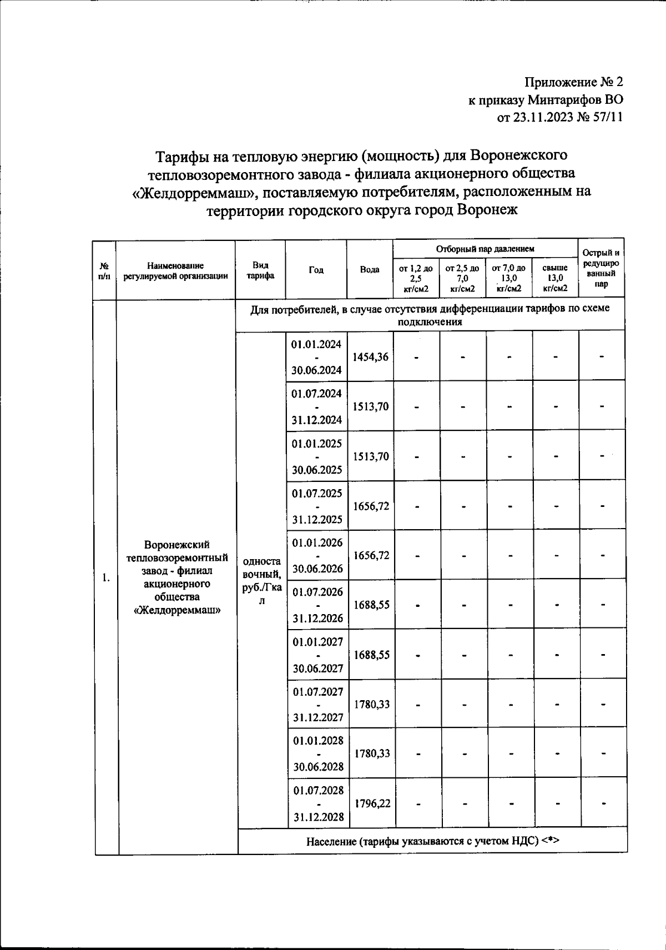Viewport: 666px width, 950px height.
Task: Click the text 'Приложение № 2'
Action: tap(574, 83)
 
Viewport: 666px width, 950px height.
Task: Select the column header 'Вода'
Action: tap(370, 270)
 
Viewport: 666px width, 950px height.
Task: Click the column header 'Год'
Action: tap(316, 270)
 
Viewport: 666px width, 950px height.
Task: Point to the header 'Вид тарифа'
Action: tap(260, 270)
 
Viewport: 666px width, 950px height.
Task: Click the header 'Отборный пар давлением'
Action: tap(485, 249)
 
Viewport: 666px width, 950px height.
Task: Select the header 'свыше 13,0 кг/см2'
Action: tap(555, 278)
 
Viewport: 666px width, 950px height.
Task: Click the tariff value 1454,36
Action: tap(371, 357)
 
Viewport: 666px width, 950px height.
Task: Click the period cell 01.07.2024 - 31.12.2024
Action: tap(317, 406)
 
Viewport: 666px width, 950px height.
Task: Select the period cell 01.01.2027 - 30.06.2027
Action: tap(317, 655)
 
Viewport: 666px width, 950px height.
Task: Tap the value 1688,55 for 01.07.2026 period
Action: tap(371, 605)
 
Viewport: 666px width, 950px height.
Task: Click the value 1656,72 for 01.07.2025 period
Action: tap(371, 506)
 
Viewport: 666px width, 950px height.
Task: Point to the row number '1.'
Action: tap(106, 578)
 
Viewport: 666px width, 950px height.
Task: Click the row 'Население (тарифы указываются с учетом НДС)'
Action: tap(432, 841)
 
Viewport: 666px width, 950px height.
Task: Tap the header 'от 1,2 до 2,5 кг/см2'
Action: tap(416, 278)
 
